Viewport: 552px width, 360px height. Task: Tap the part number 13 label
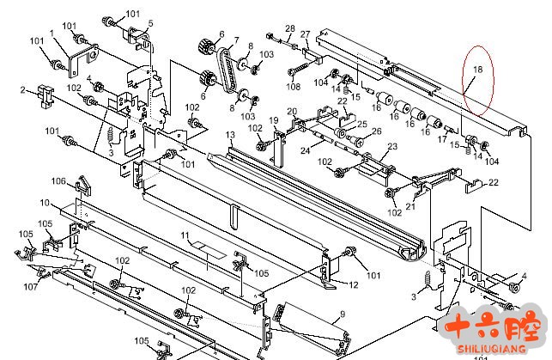point(230,136)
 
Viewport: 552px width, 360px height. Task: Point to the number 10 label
point(45,203)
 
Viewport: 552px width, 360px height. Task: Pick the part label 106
point(58,180)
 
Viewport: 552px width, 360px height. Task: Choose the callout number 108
point(293,87)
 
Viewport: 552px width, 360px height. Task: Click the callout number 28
point(289,28)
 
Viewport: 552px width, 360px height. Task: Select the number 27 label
point(305,34)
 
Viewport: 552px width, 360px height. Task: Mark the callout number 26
point(375,131)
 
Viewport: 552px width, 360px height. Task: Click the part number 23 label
point(392,147)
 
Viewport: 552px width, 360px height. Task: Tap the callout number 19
point(274,119)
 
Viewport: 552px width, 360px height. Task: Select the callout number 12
point(354,284)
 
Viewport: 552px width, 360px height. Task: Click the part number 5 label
point(151,23)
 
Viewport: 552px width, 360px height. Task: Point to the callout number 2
point(23,89)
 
